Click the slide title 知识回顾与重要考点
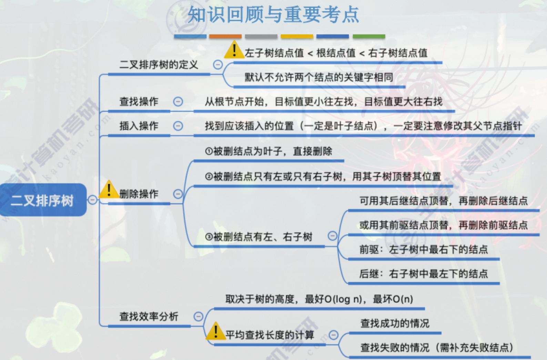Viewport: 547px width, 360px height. pyautogui.click(x=273, y=14)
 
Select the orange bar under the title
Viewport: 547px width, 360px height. pyautogui.click(x=225, y=36)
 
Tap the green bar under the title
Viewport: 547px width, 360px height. pyautogui.click(x=369, y=36)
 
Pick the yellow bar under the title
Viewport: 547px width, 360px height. pyautogui.click(x=297, y=36)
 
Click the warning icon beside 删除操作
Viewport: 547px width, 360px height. pyautogui.click(x=109, y=190)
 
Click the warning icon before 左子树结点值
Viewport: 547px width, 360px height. pyautogui.click(x=234, y=50)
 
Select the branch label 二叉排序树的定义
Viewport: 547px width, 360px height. pyautogui.click(x=159, y=64)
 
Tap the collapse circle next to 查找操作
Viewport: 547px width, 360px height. pyautogui.click(x=178, y=101)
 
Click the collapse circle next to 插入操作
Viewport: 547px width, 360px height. pyautogui.click(x=178, y=126)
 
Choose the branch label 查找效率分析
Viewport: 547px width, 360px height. pyautogui.click(x=149, y=316)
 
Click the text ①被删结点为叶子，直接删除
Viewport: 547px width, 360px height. pyautogui.click(x=269, y=151)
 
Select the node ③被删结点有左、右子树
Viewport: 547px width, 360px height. pyautogui.click(x=259, y=237)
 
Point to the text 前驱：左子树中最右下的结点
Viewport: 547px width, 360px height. pyautogui.click(x=424, y=249)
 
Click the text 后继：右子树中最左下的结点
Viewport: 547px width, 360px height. pyautogui.click(x=424, y=274)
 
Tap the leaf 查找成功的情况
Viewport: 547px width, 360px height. pyautogui.click(x=395, y=323)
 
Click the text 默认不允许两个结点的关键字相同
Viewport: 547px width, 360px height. pyautogui.click(x=319, y=77)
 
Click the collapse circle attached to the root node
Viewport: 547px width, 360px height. pyautogui.click(x=92, y=200)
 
